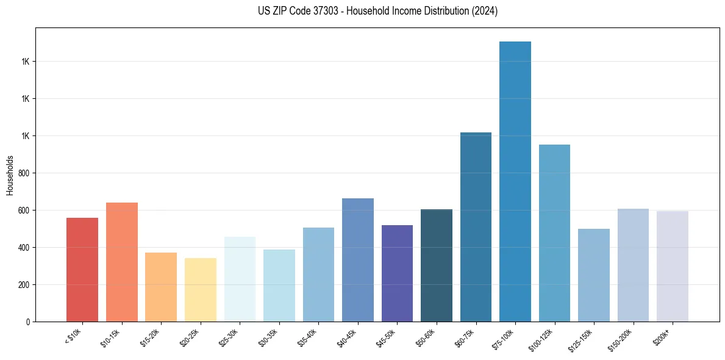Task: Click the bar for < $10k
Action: coord(82,270)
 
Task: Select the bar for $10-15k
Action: coord(121,262)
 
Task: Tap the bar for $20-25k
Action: coord(200,290)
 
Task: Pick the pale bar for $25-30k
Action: coord(240,279)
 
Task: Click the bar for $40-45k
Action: coord(357,260)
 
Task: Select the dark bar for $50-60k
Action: coord(436,265)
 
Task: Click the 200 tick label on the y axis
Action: coord(24,285)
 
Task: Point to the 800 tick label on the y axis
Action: coord(24,173)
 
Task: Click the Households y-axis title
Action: coord(10,175)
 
